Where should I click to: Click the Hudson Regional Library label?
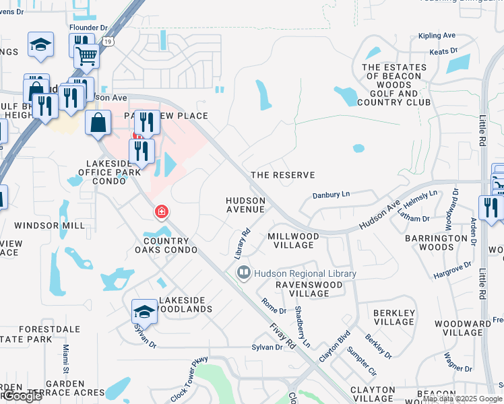pyautogui.click(x=304, y=274)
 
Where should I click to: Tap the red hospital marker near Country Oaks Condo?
pyautogui.click(x=161, y=213)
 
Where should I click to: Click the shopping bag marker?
pyautogui.click(x=98, y=123)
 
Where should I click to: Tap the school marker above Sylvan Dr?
pyautogui.click(x=144, y=311)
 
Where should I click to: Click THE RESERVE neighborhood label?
pyautogui.click(x=282, y=175)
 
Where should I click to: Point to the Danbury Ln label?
pyautogui.click(x=332, y=195)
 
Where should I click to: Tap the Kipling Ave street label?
pyautogui.click(x=437, y=36)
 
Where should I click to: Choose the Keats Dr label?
pyautogui.click(x=443, y=50)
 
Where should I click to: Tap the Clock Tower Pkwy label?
pyautogui.click(x=189, y=380)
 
